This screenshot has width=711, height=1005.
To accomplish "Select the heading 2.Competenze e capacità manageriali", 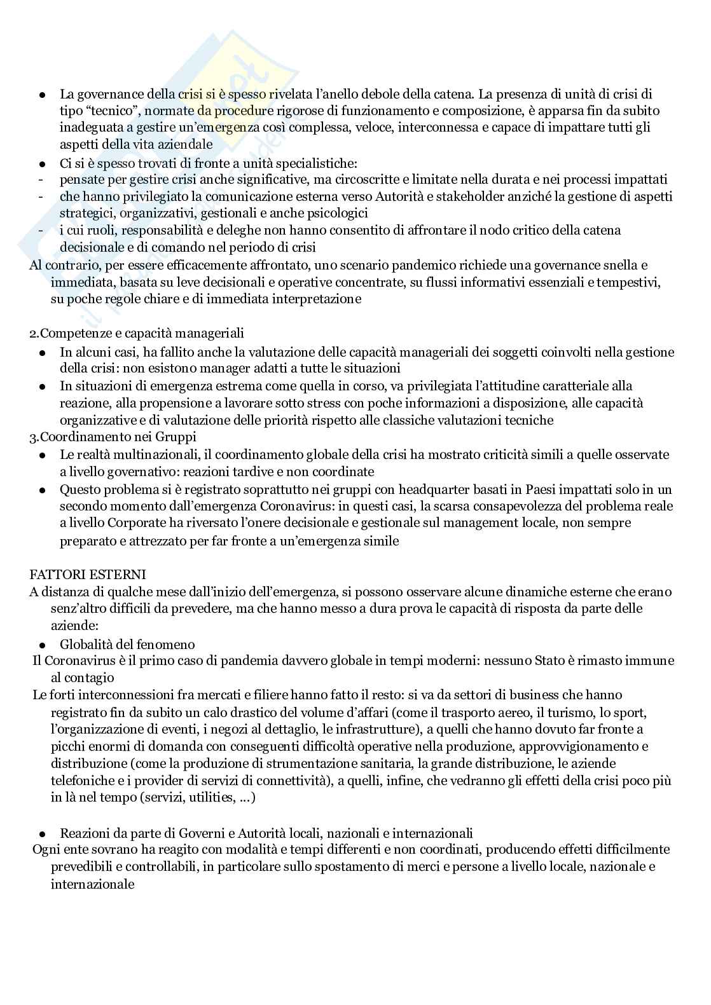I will pyautogui.click(x=137, y=333).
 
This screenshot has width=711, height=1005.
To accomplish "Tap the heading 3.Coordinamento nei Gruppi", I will pyautogui.click(x=113, y=437).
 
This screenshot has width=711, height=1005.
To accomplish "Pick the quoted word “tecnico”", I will pyautogui.click(x=104, y=111).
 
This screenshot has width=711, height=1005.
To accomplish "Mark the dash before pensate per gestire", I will pyautogui.click(x=41, y=180).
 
